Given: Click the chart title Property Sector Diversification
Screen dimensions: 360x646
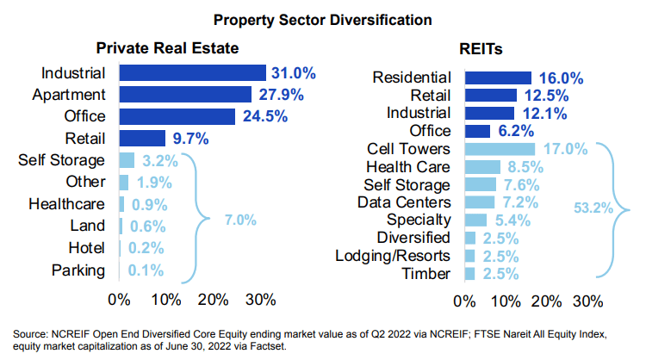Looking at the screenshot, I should [x=323, y=17].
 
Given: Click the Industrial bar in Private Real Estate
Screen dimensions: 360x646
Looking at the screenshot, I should [x=192, y=72].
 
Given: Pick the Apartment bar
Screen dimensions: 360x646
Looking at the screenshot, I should [x=185, y=94].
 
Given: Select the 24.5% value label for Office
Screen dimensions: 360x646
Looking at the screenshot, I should [x=264, y=116].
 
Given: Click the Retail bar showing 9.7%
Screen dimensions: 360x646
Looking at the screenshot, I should [x=142, y=138].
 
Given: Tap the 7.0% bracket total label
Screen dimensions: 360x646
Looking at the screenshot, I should [x=240, y=220].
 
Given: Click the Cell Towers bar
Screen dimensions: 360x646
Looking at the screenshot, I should [x=499, y=150].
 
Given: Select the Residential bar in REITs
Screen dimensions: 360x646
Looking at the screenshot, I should [x=497, y=78].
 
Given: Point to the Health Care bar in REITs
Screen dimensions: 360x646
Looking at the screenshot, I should [x=482, y=167].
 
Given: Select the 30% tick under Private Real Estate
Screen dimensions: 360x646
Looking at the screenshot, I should [x=261, y=300].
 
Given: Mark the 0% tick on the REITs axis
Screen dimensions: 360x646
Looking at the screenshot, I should [x=464, y=301].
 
